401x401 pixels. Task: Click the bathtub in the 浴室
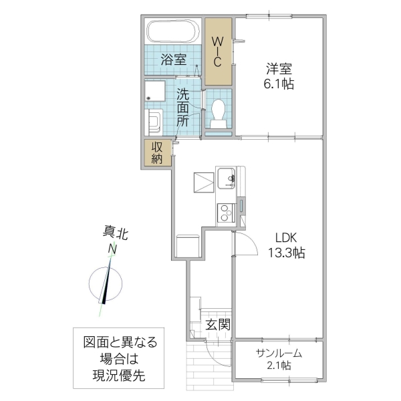click(171, 32)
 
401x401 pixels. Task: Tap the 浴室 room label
click(173, 59)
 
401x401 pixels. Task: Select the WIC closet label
click(218, 51)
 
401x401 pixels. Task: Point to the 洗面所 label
click(182, 107)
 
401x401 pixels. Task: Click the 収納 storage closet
click(157, 153)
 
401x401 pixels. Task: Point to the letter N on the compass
click(113, 249)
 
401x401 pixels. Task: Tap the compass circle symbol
click(106, 285)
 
